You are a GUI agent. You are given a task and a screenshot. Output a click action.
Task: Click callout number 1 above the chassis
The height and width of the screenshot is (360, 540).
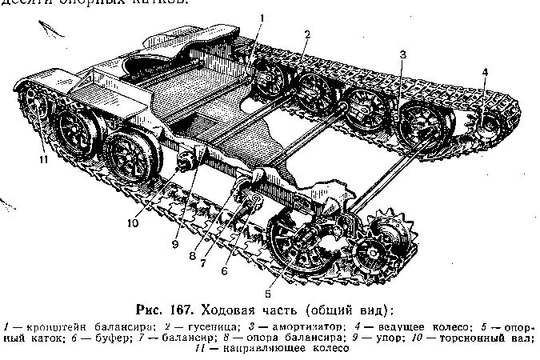(x=262, y=17)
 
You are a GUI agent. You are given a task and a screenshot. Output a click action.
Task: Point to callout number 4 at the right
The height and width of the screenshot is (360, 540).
(x=484, y=72)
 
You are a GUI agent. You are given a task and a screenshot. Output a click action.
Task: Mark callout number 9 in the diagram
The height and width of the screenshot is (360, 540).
(x=175, y=244)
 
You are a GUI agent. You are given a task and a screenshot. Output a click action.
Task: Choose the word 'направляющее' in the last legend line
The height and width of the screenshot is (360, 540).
(x=259, y=350)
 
